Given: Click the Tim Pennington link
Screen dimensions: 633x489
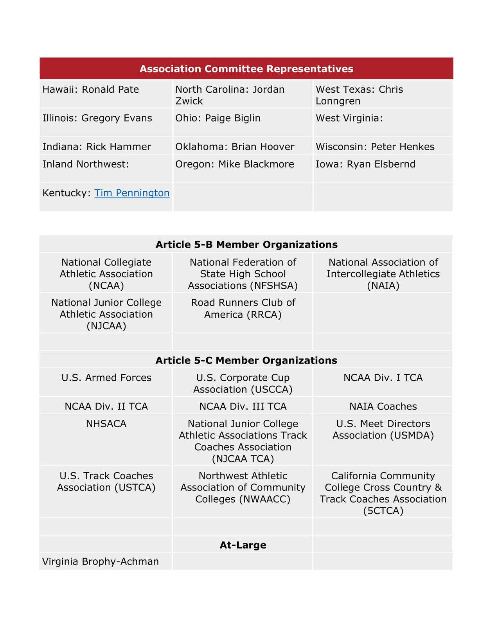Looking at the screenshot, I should click(132, 193).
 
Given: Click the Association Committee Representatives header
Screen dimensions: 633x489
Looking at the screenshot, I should click(246, 69).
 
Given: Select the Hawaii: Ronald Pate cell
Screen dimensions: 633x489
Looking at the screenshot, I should click(90, 90).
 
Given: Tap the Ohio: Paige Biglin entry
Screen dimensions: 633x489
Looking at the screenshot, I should click(218, 118).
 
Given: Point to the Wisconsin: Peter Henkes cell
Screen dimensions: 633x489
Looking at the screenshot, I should click(375, 147).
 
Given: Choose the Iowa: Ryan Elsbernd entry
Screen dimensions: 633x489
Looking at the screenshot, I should click(365, 164).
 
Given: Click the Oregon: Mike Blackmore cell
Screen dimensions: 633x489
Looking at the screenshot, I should click(234, 164).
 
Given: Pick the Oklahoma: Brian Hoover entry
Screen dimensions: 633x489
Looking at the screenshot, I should click(234, 147).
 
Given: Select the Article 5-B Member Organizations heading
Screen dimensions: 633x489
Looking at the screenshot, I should click(246, 245).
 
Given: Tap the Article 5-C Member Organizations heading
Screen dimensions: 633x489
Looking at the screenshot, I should click(246, 360).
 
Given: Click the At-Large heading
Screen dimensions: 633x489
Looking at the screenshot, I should click(243, 545).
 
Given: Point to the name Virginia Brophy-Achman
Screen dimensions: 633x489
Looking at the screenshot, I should click(101, 562).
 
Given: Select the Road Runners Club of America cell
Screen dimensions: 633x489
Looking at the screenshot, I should click(243, 309).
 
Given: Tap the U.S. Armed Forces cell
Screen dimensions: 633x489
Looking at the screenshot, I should click(106, 378).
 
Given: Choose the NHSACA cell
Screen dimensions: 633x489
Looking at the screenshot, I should click(106, 424).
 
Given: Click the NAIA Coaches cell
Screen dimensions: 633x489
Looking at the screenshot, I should click(383, 406).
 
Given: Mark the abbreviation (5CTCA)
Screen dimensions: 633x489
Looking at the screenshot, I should click(383, 511).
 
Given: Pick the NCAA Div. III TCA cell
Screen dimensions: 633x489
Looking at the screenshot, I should click(243, 406).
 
